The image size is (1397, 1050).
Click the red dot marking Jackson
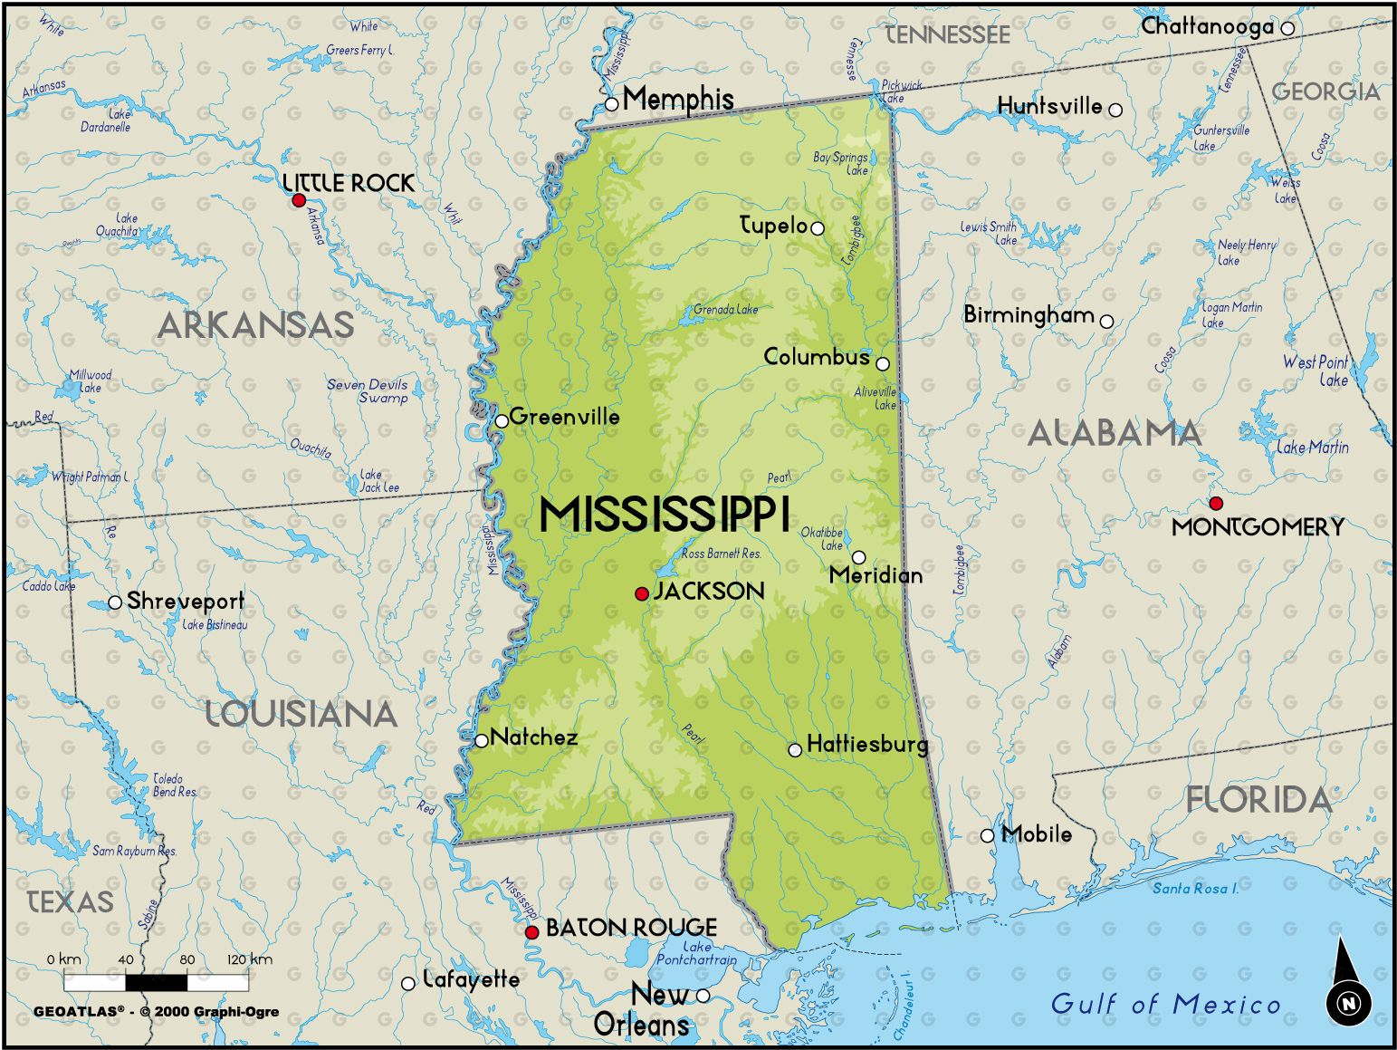point(642,593)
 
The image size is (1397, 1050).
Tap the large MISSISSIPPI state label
point(665,514)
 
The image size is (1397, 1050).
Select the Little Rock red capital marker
point(299,200)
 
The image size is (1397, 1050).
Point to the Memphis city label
point(678,99)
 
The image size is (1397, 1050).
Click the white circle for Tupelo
point(818,228)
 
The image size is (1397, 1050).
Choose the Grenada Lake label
point(725,310)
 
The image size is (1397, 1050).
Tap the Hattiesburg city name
point(866,745)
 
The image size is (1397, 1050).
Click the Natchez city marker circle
point(482,740)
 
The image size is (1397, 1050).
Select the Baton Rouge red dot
point(532,931)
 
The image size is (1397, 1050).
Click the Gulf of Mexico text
point(1165,1004)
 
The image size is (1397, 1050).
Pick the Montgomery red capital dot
point(1216,503)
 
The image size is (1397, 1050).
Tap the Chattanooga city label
point(1207,27)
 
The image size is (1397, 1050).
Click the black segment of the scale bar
point(156,982)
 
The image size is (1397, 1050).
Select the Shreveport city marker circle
point(115,602)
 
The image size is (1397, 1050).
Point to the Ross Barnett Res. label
point(721,554)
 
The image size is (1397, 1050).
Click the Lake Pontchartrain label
point(696,953)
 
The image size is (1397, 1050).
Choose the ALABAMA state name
point(1114,433)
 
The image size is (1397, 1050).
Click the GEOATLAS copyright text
point(156,1012)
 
